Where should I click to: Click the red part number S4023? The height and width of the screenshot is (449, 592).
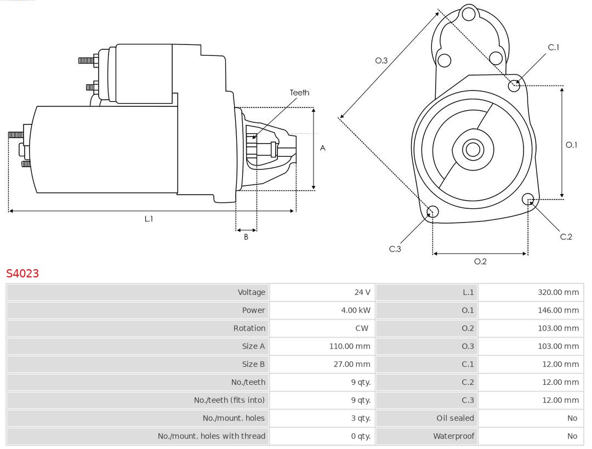coord(22,273)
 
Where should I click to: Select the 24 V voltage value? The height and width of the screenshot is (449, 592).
coord(362,292)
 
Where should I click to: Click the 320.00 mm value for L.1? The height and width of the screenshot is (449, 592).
coord(558,292)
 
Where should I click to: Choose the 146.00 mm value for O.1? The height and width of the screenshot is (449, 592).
coord(558,310)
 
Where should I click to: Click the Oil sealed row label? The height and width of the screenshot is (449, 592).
coord(455,418)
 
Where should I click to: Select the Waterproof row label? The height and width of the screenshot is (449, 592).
coord(453,436)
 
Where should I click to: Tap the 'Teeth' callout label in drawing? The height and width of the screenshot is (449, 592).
coord(299,93)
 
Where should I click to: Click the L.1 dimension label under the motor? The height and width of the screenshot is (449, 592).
coord(149,219)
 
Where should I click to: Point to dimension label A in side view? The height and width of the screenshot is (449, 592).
coord(323,148)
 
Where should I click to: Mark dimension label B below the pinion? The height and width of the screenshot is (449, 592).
coord(246,237)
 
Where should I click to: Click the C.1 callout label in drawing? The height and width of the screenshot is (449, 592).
coord(554,47)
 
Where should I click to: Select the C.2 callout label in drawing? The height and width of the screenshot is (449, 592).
coord(566,237)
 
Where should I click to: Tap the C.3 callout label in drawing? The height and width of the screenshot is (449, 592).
coord(395,249)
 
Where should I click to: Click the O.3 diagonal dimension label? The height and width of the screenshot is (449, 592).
coord(381,61)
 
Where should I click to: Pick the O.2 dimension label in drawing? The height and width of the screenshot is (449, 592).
coord(480,262)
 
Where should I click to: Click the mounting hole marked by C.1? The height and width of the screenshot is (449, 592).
coord(514,86)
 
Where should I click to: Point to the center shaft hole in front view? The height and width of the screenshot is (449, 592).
coord(472,149)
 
